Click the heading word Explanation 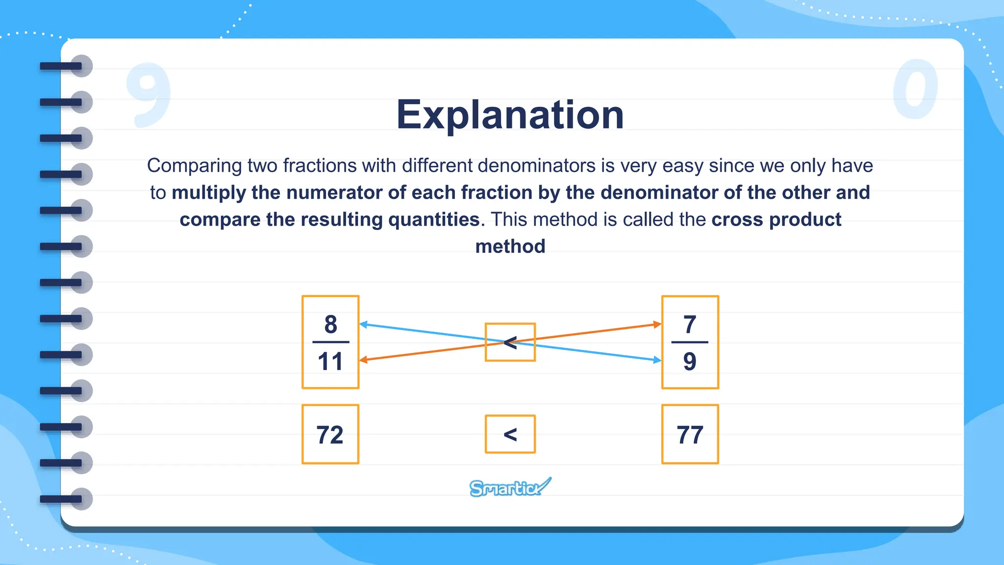510,115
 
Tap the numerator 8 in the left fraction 331,325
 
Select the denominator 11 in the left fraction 330,361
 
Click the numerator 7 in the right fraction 690,325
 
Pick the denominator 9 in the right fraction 690,361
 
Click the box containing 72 330,435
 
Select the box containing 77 690,435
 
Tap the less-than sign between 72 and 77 510,435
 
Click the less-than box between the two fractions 510,342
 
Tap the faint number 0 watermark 915,89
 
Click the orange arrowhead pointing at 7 657,324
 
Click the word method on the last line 510,246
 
